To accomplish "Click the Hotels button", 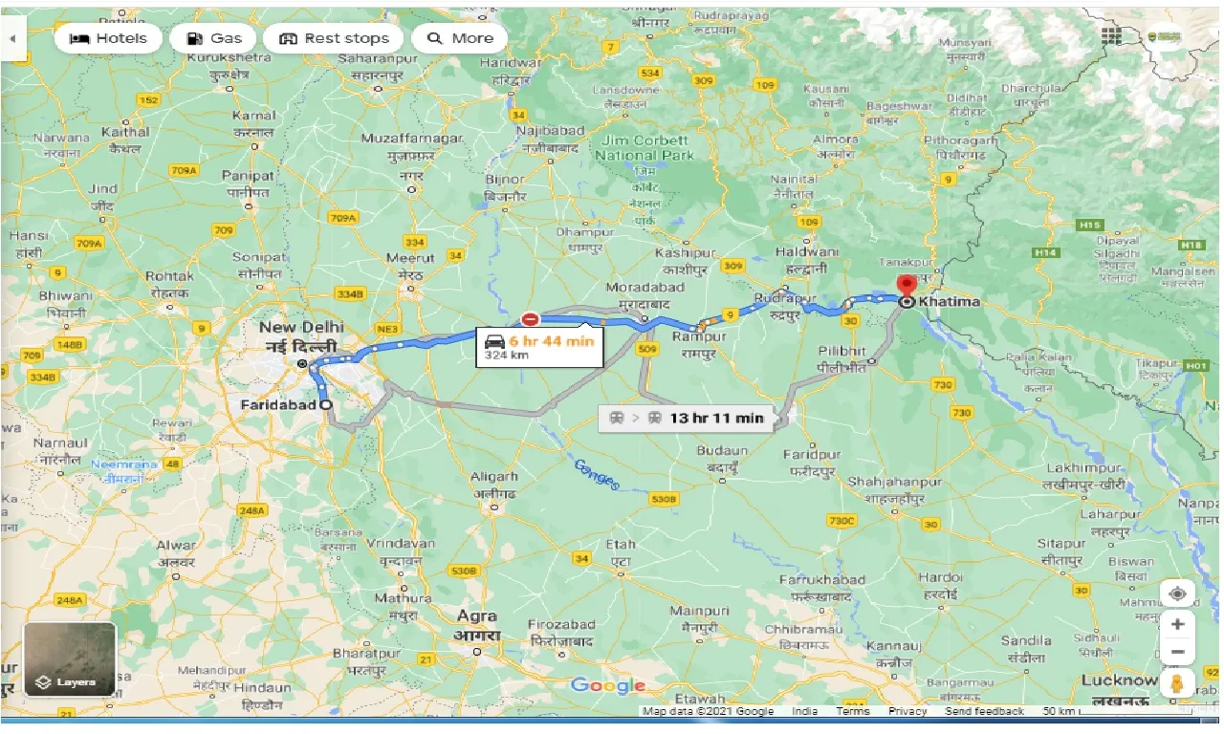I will [x=108, y=38].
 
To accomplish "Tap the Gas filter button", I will [x=213, y=38].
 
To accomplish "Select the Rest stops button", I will [x=334, y=38].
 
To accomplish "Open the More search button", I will [x=460, y=38].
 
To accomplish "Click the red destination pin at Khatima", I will [x=907, y=285].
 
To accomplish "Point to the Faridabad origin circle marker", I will [x=327, y=405].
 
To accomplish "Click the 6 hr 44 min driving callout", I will [x=540, y=347].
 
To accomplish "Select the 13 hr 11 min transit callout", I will [x=686, y=418].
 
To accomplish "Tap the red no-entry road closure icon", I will [x=529, y=319].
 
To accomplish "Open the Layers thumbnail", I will [x=70, y=658].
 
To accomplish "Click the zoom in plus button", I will [x=1177, y=624].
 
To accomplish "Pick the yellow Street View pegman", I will [x=1177, y=684].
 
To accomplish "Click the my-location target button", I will [x=1177, y=594].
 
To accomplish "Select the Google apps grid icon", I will [x=1110, y=36].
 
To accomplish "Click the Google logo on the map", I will [x=608, y=685].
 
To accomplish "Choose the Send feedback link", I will [x=984, y=711].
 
